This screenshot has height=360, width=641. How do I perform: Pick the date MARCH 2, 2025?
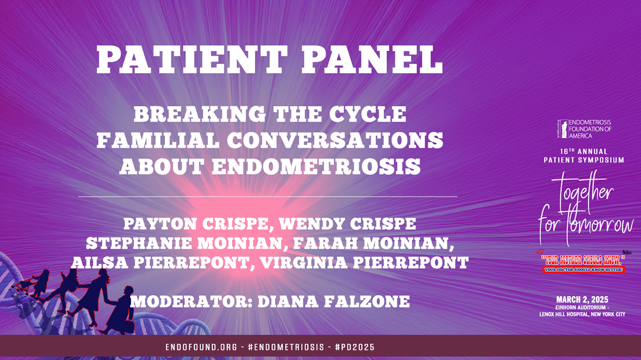pyautogui.click(x=582, y=300)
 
